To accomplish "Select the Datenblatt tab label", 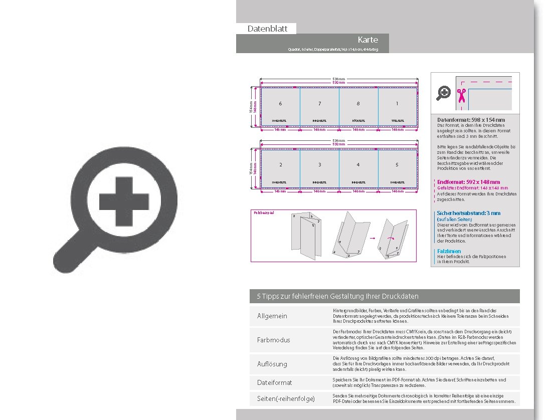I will (x=267, y=29).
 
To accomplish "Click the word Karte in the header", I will (x=367, y=40).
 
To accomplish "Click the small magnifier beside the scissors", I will (x=443, y=93).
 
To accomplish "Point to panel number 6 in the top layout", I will (x=280, y=104).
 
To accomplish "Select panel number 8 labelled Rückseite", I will (x=358, y=104).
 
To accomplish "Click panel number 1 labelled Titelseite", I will (x=397, y=104).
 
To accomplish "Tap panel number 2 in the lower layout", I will (x=280, y=165).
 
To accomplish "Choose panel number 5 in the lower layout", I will (x=397, y=165).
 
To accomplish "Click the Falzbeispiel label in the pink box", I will (x=264, y=213).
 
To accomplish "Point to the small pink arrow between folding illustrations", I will (x=372, y=240).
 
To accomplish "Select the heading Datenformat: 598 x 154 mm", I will (x=471, y=120).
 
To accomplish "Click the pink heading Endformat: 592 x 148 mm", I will (x=468, y=182).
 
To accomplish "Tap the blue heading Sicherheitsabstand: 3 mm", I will (x=468, y=213).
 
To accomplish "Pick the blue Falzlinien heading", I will (x=449, y=251).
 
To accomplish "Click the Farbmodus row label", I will (x=273, y=340).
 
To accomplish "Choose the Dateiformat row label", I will (x=274, y=382).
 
